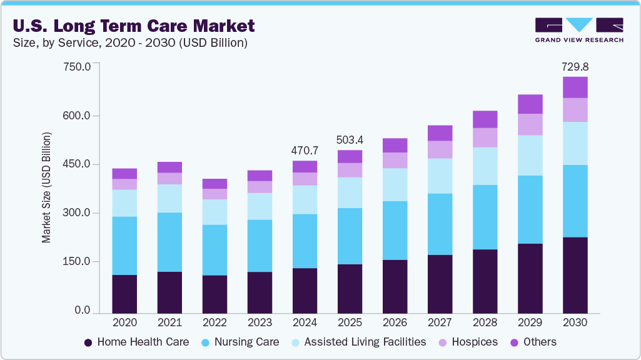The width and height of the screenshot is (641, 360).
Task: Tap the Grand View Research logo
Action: point(578,30)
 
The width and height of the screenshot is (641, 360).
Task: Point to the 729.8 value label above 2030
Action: point(575,66)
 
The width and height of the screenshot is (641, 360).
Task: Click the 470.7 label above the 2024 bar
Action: point(305,151)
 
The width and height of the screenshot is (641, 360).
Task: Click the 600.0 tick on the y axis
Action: point(78,116)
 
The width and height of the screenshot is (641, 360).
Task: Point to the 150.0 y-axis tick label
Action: point(78,261)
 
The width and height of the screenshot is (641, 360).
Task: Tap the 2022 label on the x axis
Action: point(215,323)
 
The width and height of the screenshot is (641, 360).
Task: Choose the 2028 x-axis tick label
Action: point(485,323)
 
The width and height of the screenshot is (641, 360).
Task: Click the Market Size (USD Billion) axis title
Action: point(46,187)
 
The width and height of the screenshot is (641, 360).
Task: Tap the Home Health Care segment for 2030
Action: point(575,275)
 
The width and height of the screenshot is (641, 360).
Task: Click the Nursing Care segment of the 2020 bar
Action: point(124,246)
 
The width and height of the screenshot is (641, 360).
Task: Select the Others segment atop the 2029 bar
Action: point(530,104)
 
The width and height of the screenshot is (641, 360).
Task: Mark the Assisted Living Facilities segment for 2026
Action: point(395,184)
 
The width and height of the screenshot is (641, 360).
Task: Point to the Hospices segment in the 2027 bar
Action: point(440,149)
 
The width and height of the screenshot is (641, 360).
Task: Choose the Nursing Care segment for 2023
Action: point(260,246)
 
